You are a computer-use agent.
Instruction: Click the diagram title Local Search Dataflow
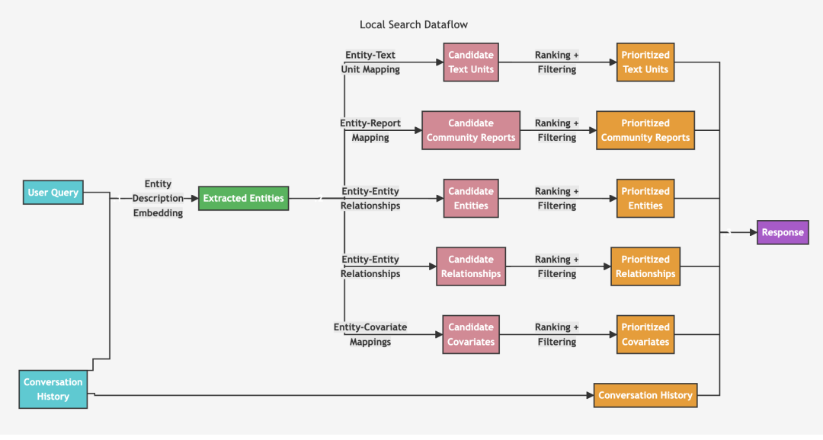[x=414, y=24]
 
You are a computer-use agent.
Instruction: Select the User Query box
[x=53, y=193]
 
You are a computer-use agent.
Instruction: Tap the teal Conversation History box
[x=53, y=389]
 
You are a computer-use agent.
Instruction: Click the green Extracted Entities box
[x=244, y=198]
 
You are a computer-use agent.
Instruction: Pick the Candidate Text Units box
[x=471, y=62]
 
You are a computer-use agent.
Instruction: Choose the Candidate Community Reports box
[x=471, y=130]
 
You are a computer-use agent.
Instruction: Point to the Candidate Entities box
[x=471, y=198]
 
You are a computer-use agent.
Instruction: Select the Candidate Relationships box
[x=471, y=266]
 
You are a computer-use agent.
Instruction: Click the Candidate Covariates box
[x=471, y=335]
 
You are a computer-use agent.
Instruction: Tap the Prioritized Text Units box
[x=645, y=62]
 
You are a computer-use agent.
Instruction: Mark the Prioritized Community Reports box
[x=645, y=130]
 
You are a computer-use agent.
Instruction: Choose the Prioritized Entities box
[x=645, y=198]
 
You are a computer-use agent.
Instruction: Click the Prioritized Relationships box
[x=645, y=266]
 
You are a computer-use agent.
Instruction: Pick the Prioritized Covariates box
[x=645, y=335]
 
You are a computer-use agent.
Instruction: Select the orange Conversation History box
[x=645, y=395]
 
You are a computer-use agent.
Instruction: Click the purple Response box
[x=783, y=232]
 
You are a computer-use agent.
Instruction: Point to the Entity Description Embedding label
[x=158, y=198]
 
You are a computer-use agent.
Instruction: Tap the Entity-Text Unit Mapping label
[x=370, y=62]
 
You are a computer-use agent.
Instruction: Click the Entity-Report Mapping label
[x=370, y=130]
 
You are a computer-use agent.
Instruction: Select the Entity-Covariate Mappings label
[x=370, y=335]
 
